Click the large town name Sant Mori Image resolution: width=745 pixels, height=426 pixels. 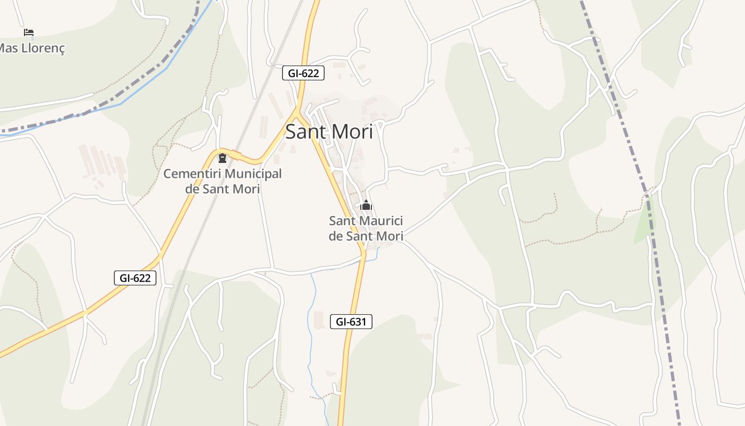coord(329,132)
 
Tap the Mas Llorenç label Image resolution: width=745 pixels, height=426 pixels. coord(32,48)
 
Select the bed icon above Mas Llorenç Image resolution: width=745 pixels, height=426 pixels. coord(29,32)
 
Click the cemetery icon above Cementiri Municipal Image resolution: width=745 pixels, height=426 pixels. coord(222,158)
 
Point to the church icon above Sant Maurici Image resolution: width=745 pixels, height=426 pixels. coord(366,205)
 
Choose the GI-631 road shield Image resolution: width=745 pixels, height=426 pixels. coord(351,322)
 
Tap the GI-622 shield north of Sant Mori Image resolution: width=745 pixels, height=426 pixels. coord(303,73)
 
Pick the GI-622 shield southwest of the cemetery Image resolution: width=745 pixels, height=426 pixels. coord(135,277)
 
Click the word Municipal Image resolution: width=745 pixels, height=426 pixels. coord(253,174)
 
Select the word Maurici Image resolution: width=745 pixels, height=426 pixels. coord(381,220)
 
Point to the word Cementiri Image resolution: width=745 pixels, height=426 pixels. coord(193,174)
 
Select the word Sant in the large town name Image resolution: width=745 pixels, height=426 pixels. coord(305,132)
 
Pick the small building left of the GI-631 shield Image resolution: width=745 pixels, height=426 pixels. coord(319,320)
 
